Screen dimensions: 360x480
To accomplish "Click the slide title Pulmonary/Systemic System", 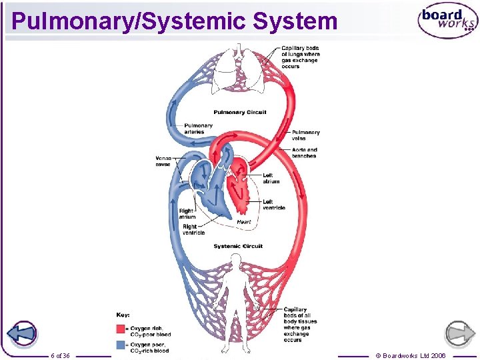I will click(175, 21).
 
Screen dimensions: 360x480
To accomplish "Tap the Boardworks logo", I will click(447, 21).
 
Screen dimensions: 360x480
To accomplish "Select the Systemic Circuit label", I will click(238, 246).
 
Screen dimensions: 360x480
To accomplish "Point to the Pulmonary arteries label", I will click(198, 129).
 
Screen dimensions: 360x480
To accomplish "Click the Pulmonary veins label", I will click(305, 135).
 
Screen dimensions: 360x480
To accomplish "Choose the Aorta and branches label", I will click(304, 153).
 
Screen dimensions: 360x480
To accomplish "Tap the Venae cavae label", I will click(163, 161).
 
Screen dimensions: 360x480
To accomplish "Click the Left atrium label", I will click(271, 178).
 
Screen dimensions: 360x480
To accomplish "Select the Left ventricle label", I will click(273, 205).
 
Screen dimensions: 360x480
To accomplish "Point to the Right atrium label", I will click(187, 214).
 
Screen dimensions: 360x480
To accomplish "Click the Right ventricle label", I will click(193, 229).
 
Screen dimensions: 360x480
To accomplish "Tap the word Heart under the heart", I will click(244, 222).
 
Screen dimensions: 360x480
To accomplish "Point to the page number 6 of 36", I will click(60, 355).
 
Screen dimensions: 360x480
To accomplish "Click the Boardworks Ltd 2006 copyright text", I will click(411, 355).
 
